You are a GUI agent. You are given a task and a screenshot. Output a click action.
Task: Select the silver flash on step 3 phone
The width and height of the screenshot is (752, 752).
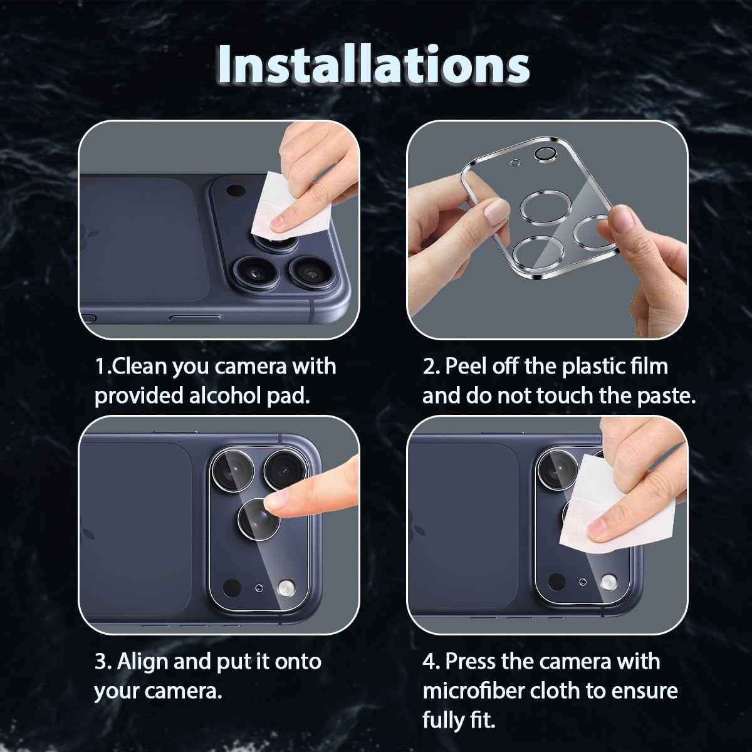(x=286, y=588)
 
